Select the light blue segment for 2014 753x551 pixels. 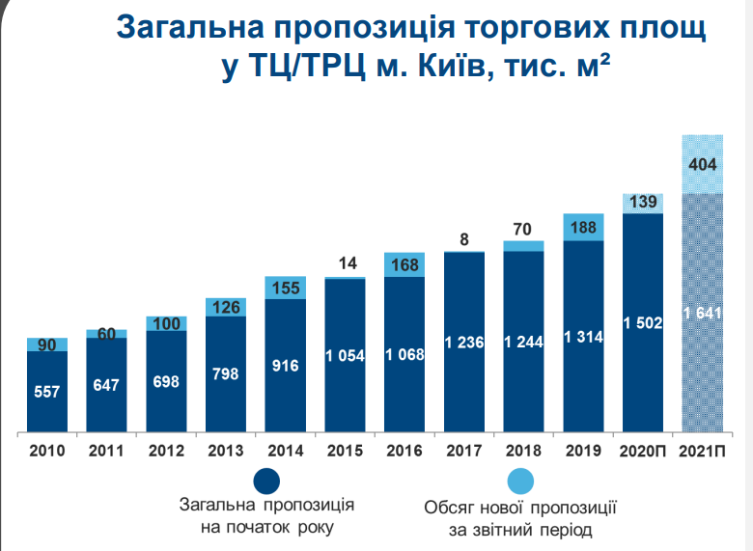[x=285, y=288]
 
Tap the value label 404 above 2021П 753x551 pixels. [x=702, y=164]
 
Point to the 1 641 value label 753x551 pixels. [x=702, y=313]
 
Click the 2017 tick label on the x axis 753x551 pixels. [x=464, y=451]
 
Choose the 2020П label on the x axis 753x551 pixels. [x=642, y=451]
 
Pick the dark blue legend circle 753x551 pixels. [x=265, y=482]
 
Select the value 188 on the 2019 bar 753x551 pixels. [x=583, y=229]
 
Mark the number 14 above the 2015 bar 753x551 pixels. [x=345, y=262]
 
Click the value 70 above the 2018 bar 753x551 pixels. [x=523, y=231]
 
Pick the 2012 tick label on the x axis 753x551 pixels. [x=166, y=451]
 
